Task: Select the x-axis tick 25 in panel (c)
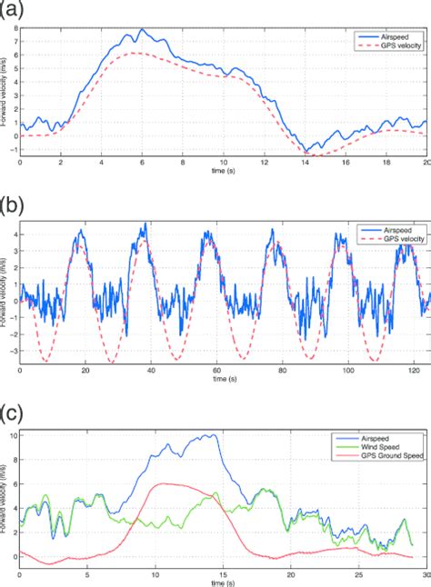coord(358,575)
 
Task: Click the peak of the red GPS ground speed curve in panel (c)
coord(164,483)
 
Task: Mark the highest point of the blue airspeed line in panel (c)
coord(211,434)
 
